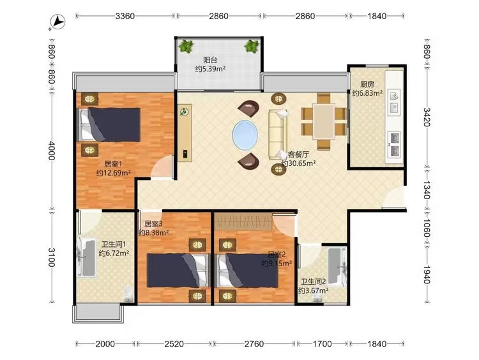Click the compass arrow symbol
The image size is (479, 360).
[57, 22]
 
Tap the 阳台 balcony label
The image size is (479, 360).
[210, 60]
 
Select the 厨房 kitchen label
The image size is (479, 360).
[367, 84]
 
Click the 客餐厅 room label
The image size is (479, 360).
[298, 154]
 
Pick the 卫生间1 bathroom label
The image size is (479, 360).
[114, 244]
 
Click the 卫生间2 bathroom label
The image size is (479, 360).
[313, 281]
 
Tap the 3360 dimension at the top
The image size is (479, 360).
[125, 16]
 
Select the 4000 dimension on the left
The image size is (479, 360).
[51, 151]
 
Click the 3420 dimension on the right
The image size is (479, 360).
[427, 117]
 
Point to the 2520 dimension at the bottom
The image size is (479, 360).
[174, 344]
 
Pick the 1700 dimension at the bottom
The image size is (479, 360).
[322, 344]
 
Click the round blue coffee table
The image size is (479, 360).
[245, 135]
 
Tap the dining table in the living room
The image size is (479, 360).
[324, 121]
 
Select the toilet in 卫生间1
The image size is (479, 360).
[128, 294]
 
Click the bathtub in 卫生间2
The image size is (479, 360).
[337, 267]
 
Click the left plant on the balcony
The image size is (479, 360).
[186, 47]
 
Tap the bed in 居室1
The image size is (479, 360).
[109, 124]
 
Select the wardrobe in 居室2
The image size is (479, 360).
[243, 221]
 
